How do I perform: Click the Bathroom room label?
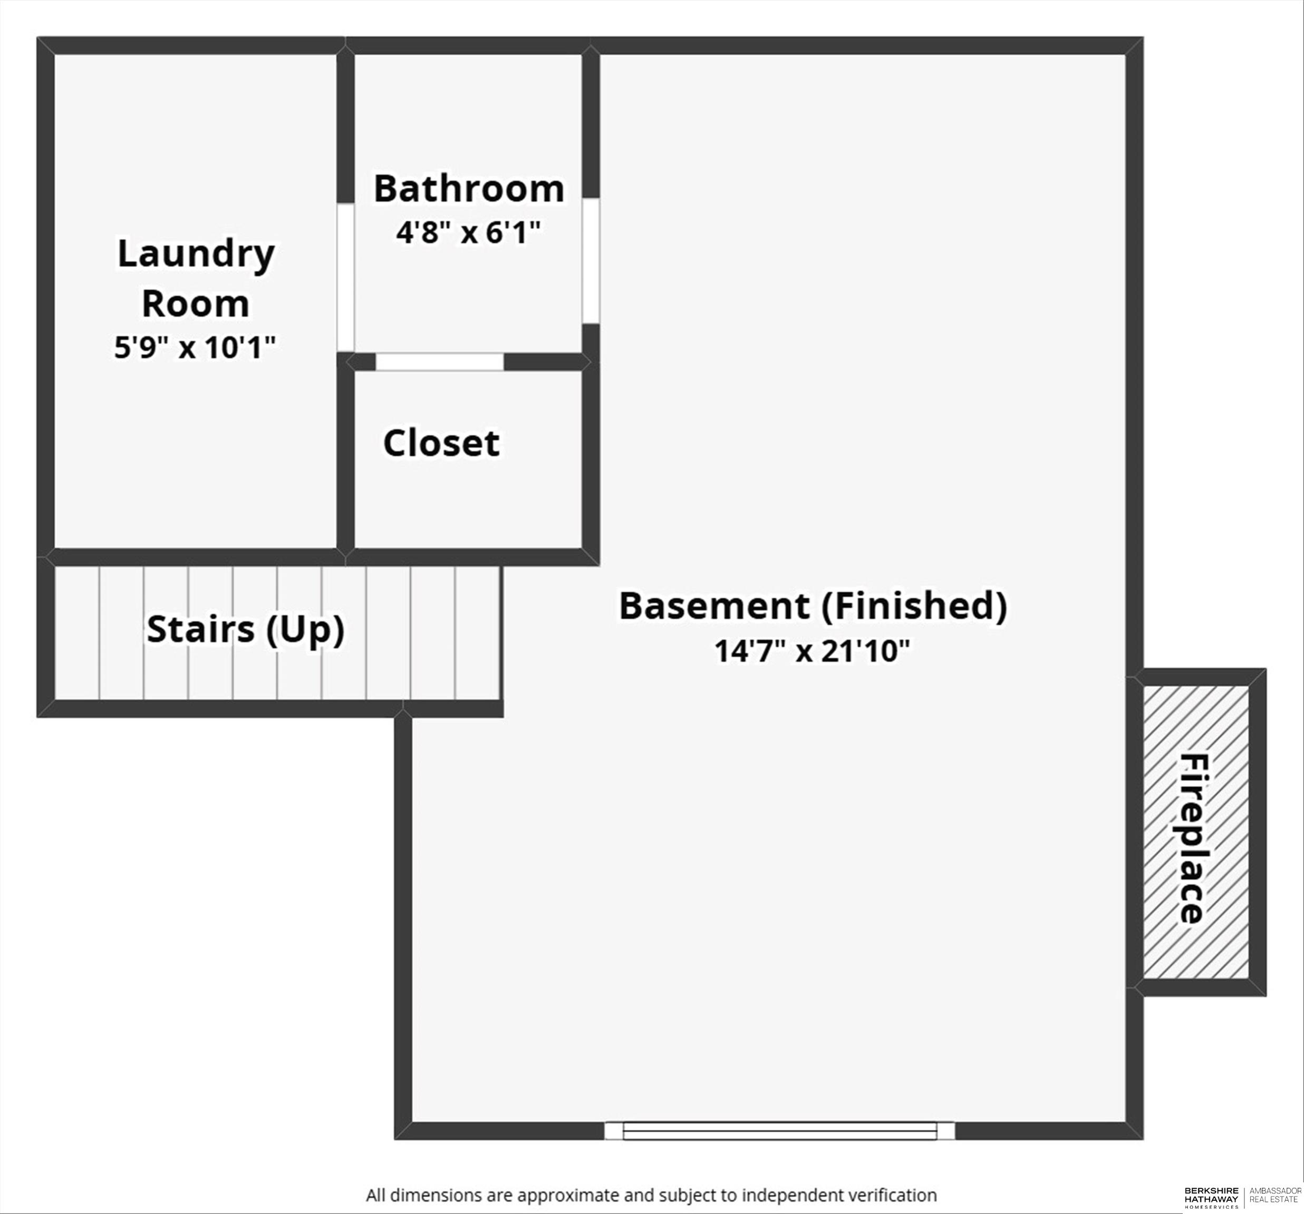click(x=468, y=189)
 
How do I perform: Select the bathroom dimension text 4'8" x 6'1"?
click(x=468, y=233)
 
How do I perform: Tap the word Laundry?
click(x=196, y=254)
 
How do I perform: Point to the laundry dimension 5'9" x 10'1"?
click(x=195, y=347)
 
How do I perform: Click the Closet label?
click(x=441, y=443)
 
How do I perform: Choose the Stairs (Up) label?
click(x=245, y=629)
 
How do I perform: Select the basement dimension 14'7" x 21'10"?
click(x=812, y=652)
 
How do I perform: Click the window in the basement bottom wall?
click(x=779, y=1131)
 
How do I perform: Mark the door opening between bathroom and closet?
click(x=439, y=361)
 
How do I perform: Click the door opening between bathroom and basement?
click(x=591, y=261)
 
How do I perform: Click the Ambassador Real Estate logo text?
click(x=1275, y=1195)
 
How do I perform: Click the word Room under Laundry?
click(x=196, y=304)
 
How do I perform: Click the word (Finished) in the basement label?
click(x=914, y=606)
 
